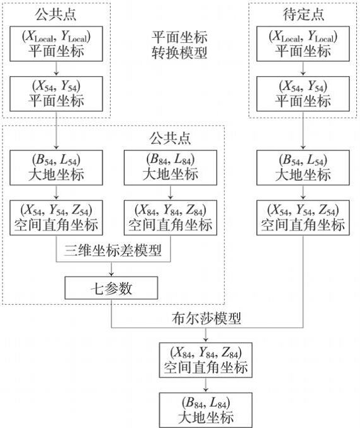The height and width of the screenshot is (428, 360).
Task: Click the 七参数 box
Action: tap(111, 288)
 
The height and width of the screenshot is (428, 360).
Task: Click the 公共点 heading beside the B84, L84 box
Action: tap(170, 137)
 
